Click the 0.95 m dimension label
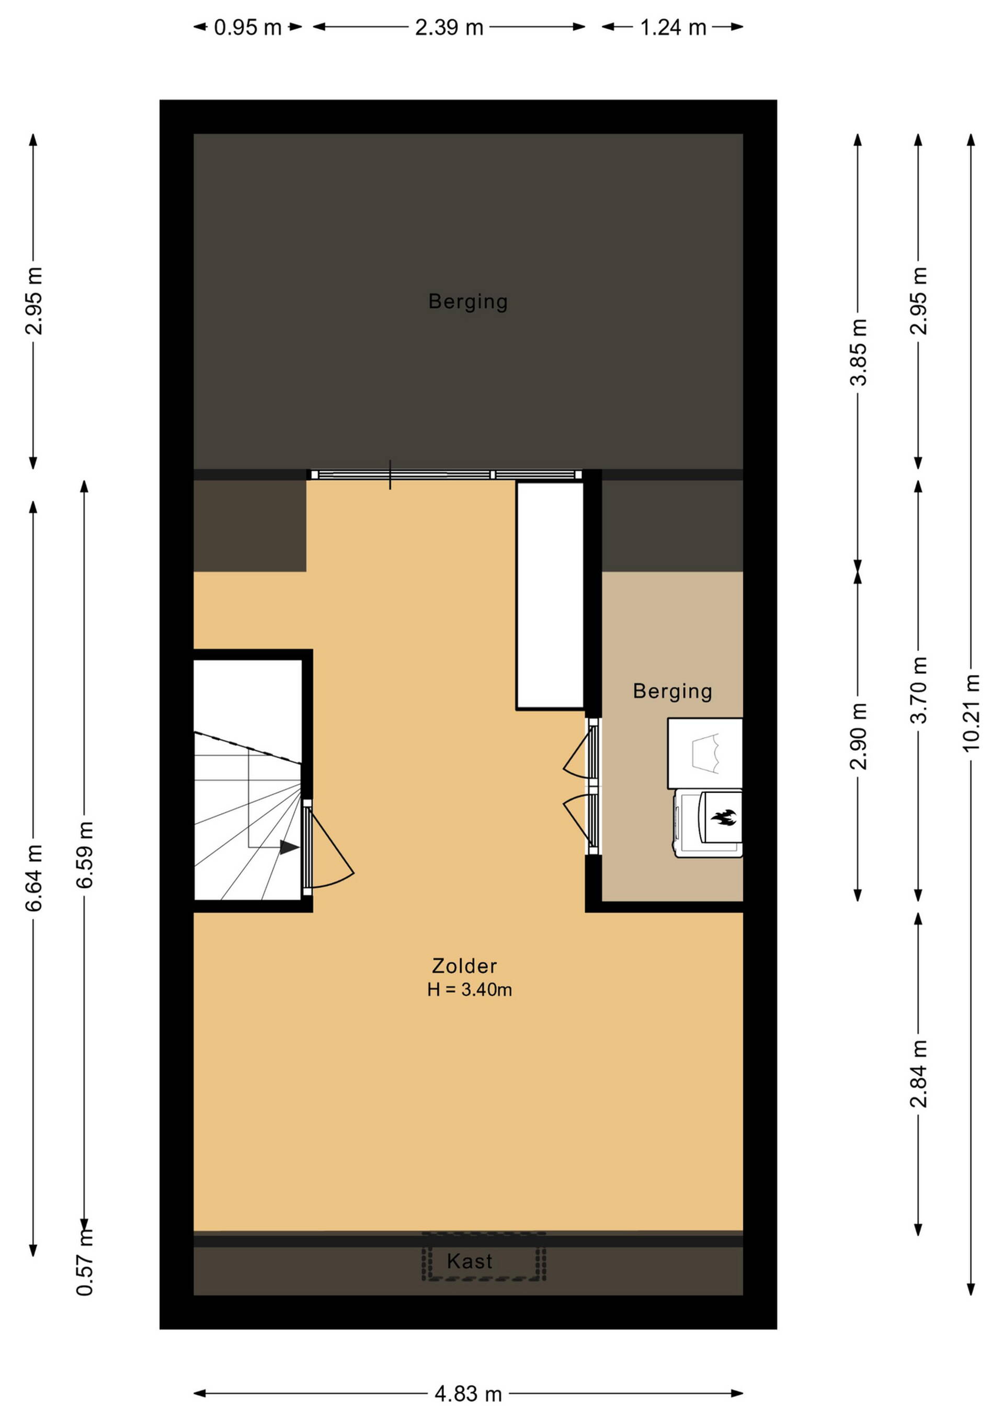(x=247, y=27)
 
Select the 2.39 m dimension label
(x=449, y=27)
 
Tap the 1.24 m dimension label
(x=672, y=27)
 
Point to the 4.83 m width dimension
(x=468, y=1394)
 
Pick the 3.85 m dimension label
(x=858, y=352)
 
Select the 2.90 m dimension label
(x=858, y=736)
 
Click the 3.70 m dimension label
(x=919, y=690)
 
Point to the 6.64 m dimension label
(x=33, y=877)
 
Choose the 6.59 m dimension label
(x=85, y=855)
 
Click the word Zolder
(x=464, y=965)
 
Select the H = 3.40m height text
(x=469, y=989)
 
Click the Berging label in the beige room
(x=672, y=691)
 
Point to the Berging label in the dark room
(x=468, y=301)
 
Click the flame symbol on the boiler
(x=723, y=818)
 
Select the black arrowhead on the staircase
(x=289, y=847)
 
